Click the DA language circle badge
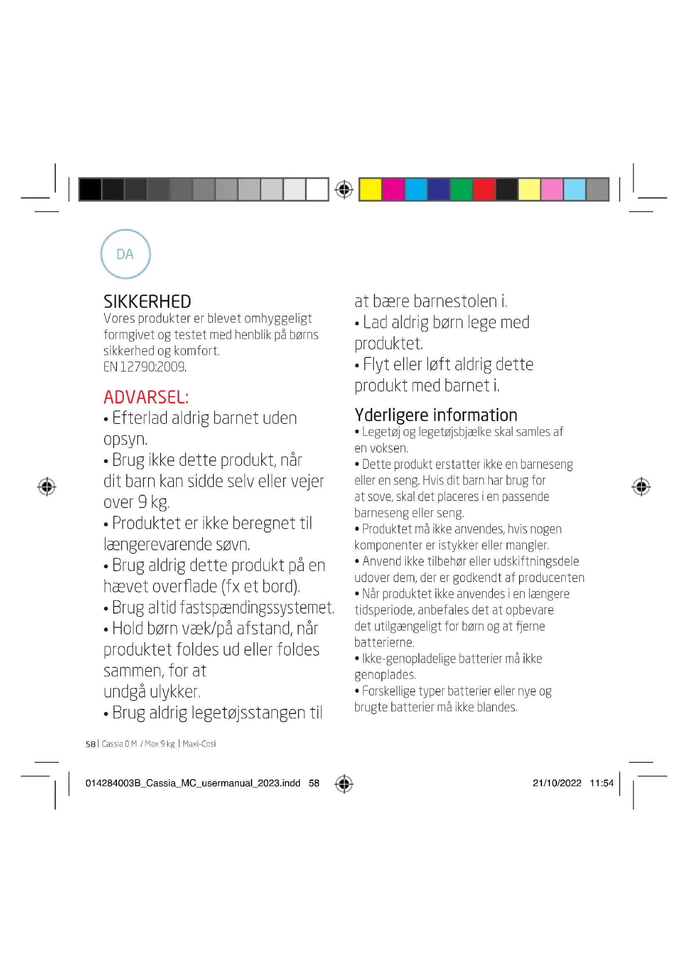pos(125,254)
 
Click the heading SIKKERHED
pos(147,302)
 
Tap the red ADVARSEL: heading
pos(146,397)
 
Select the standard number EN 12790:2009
pos(145,366)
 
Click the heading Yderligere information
pos(436,415)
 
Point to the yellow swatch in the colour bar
pos(370,189)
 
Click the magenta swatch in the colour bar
pos(393,189)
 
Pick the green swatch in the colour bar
pos(461,189)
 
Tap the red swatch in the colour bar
pos(484,189)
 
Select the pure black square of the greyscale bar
pos(90,189)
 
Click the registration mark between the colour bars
pos(344,189)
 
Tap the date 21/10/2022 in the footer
pos(557,783)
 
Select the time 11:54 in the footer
pos(601,783)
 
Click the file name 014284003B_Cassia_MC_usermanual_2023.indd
pos(193,783)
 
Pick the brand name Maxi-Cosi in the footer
pos(199,744)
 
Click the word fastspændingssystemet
pos(257,608)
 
